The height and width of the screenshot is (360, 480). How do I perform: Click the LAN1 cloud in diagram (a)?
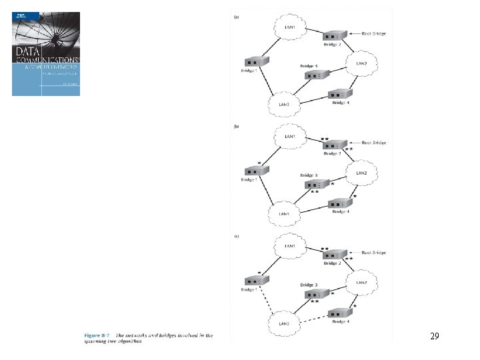tap(289, 27)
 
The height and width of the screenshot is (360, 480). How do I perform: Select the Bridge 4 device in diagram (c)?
tap(339, 313)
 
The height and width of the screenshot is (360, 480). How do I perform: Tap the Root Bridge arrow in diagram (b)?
tap(354, 143)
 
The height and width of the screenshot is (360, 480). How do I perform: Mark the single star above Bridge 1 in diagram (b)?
tap(259, 163)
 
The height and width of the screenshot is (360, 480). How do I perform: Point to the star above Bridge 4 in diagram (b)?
tap(355, 196)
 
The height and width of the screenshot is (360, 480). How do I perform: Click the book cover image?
tap(46, 54)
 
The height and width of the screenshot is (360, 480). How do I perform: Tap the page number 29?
tap(435, 337)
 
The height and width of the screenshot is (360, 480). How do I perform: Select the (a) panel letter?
tap(236, 17)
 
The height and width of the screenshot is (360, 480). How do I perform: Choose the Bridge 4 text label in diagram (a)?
tap(340, 101)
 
